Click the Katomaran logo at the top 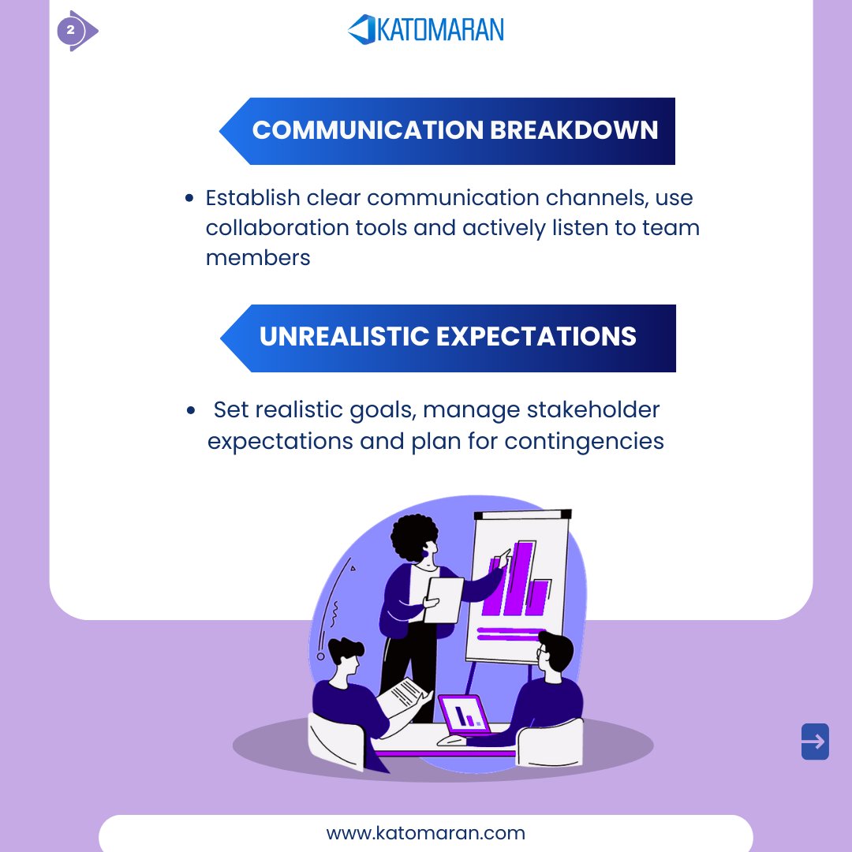(425, 30)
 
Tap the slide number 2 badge (70, 31)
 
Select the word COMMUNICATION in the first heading (368, 130)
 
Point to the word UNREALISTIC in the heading (343, 337)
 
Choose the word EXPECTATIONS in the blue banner (536, 337)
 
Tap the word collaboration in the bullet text (282, 227)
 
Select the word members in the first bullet (257, 257)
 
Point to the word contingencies (584, 440)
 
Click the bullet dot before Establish (189, 199)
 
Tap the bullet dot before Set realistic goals (192, 411)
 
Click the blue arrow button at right (815, 742)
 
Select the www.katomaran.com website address (425, 833)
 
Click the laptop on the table (465, 715)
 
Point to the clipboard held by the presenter (443, 600)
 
